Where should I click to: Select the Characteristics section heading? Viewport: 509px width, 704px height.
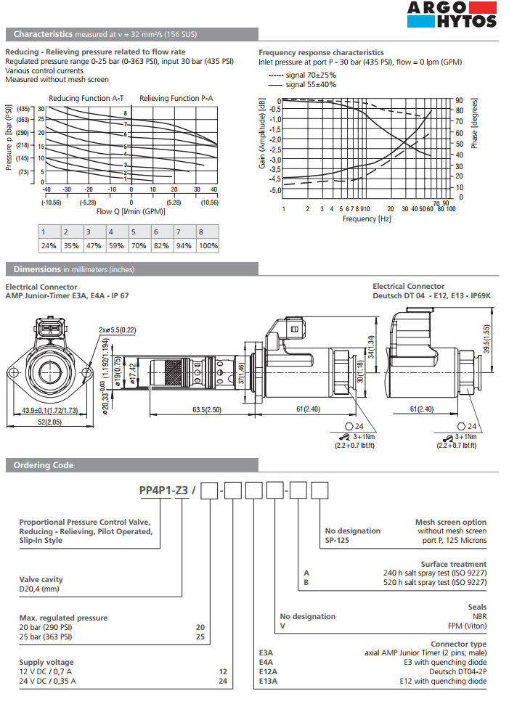(42, 34)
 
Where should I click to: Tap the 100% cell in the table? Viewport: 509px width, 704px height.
(208, 245)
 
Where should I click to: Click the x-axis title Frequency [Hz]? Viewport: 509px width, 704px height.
(367, 218)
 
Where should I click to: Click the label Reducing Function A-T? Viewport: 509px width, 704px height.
(86, 98)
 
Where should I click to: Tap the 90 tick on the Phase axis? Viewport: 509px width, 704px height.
(460, 100)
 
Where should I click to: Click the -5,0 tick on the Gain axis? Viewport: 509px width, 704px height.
(274, 191)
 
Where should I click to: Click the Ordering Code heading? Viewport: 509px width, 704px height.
(43, 465)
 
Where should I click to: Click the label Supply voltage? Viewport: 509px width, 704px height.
(46, 663)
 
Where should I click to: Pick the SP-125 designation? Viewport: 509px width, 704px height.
(339, 541)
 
